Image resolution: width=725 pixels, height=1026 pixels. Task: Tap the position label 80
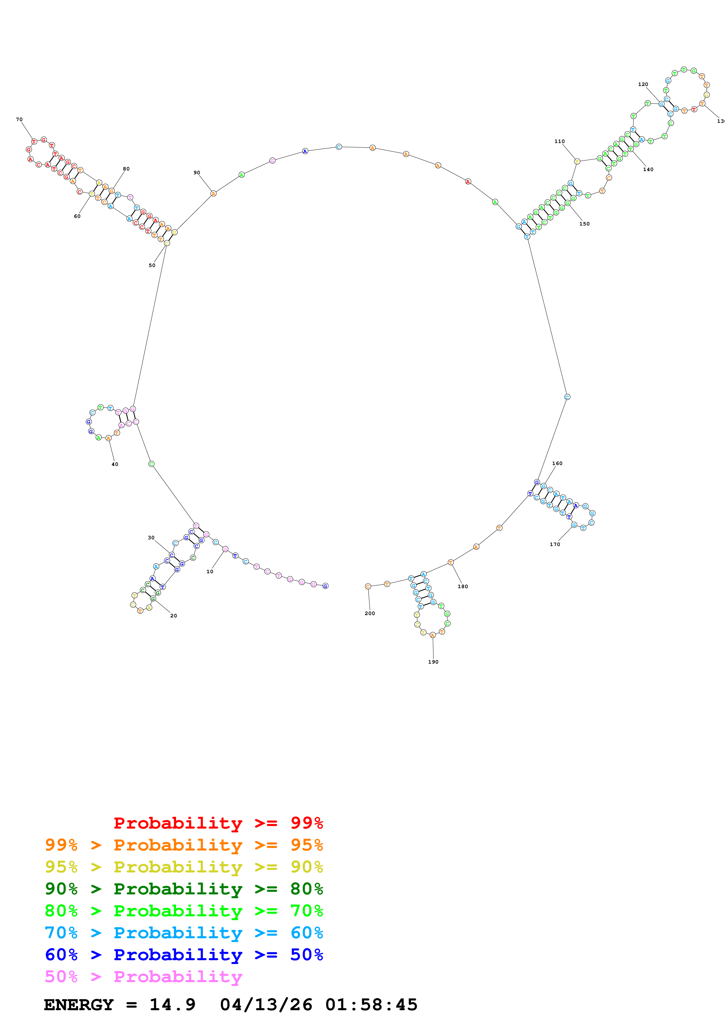pyautogui.click(x=126, y=169)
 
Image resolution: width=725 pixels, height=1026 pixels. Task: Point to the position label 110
pyautogui.click(x=559, y=141)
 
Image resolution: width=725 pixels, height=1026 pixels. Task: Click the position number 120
pyautogui.click(x=643, y=84)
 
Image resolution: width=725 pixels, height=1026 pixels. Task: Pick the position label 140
pyautogui.click(x=648, y=169)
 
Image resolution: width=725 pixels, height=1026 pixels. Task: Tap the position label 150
pyautogui.click(x=584, y=224)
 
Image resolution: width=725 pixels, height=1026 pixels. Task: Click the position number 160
pyautogui.click(x=557, y=463)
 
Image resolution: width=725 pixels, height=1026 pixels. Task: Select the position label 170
pyautogui.click(x=555, y=544)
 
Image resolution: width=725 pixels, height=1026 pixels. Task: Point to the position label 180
pyautogui.click(x=463, y=586)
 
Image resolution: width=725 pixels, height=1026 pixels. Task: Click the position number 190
pyautogui.click(x=433, y=662)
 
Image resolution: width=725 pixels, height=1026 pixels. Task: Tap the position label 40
pyautogui.click(x=115, y=464)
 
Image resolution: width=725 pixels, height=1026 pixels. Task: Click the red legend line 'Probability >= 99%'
pyautogui.click(x=218, y=823)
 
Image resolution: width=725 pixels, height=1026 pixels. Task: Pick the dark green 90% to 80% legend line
pyautogui.click(x=184, y=889)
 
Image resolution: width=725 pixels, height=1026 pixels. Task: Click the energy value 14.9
pyautogui.click(x=173, y=1005)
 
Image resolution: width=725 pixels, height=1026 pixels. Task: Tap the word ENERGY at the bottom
pyautogui.click(x=79, y=1005)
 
